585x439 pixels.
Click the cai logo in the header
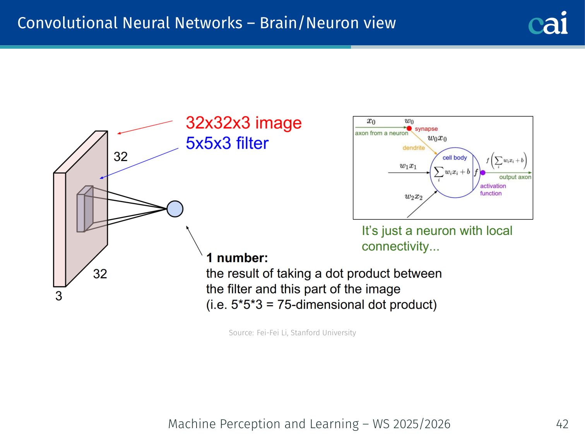point(548,23)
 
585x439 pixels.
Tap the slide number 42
point(562,424)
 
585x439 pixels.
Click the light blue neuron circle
point(175,209)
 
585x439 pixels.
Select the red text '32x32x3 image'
point(243,123)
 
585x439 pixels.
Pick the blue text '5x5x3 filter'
point(227,143)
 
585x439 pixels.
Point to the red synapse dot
point(409,128)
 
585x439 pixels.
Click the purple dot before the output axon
point(483,173)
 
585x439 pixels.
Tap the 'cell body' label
point(455,158)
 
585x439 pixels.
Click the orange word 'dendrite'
point(414,148)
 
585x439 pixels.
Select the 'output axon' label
point(515,177)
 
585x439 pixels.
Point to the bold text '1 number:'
point(237,258)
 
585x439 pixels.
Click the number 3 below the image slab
point(59,296)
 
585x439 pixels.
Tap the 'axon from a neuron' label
point(381,133)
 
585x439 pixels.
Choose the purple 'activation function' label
point(493,190)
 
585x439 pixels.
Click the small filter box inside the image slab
point(85,209)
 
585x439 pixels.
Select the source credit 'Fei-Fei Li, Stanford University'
point(306,333)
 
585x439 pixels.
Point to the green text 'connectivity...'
point(400,247)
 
